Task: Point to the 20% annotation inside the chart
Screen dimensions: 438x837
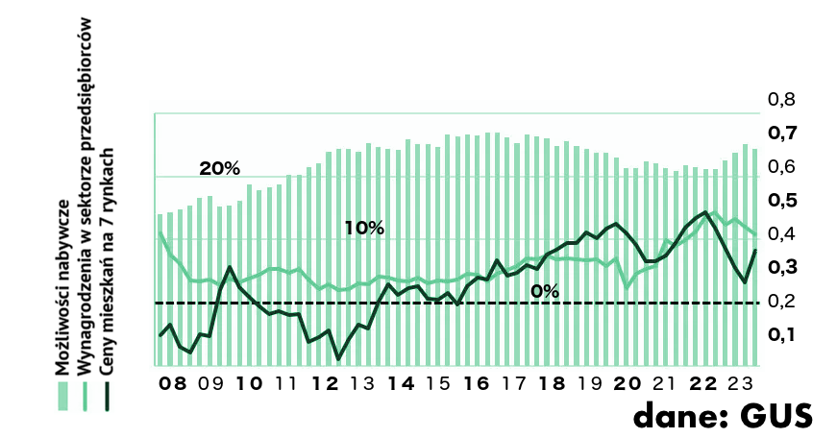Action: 219,168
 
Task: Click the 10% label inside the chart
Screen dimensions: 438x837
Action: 364,229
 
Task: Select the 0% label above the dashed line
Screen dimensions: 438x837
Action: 544,290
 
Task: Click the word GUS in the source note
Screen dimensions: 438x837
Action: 778,416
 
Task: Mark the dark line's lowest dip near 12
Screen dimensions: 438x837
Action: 338,359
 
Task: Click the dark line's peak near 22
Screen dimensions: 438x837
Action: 706,212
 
